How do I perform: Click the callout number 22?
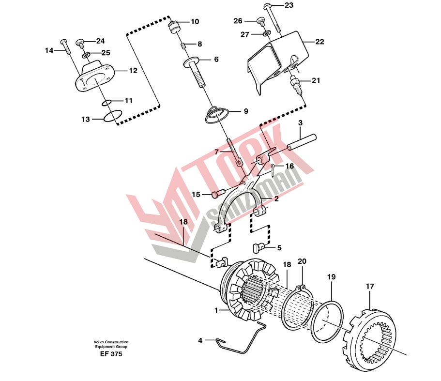click(x=319, y=42)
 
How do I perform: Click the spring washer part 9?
click(x=216, y=115)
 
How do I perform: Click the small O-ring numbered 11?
click(x=107, y=102)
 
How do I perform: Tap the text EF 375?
click(x=111, y=354)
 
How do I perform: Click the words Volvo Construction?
click(x=111, y=342)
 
